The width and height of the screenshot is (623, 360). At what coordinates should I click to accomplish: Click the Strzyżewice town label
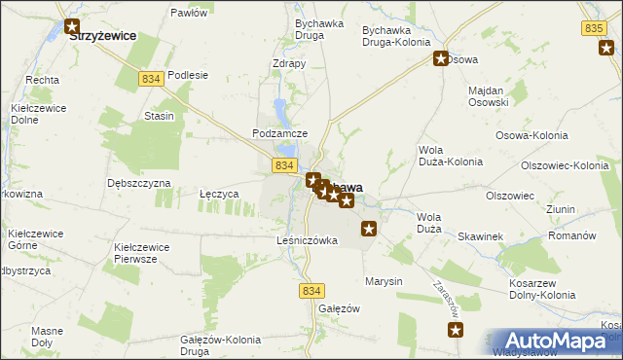(101, 35)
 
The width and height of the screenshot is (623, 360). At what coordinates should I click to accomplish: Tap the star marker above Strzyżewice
(71, 26)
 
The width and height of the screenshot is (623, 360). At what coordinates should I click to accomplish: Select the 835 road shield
(596, 30)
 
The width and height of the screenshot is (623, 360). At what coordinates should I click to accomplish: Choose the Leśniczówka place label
(307, 240)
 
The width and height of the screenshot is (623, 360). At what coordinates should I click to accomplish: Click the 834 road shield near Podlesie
(150, 79)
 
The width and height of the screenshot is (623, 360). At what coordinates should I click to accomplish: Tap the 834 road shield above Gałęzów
(311, 291)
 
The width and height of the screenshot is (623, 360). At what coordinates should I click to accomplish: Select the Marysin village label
(384, 281)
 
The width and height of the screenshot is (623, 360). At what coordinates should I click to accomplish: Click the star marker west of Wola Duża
(368, 230)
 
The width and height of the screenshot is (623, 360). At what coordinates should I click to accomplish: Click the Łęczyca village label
(219, 194)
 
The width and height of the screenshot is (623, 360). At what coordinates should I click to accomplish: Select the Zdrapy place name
(289, 64)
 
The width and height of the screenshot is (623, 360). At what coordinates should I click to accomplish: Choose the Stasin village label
(159, 116)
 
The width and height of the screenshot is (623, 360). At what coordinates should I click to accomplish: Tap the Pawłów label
(189, 13)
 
